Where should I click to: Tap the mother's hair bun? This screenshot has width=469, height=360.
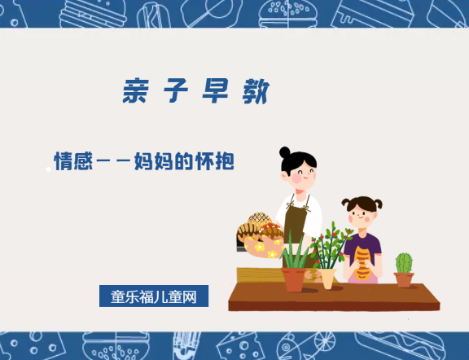[x=284, y=151]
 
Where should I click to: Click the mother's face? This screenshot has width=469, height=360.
[x=300, y=173]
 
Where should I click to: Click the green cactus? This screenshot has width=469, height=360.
[x=404, y=262]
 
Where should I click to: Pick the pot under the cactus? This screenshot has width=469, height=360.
[x=404, y=279]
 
